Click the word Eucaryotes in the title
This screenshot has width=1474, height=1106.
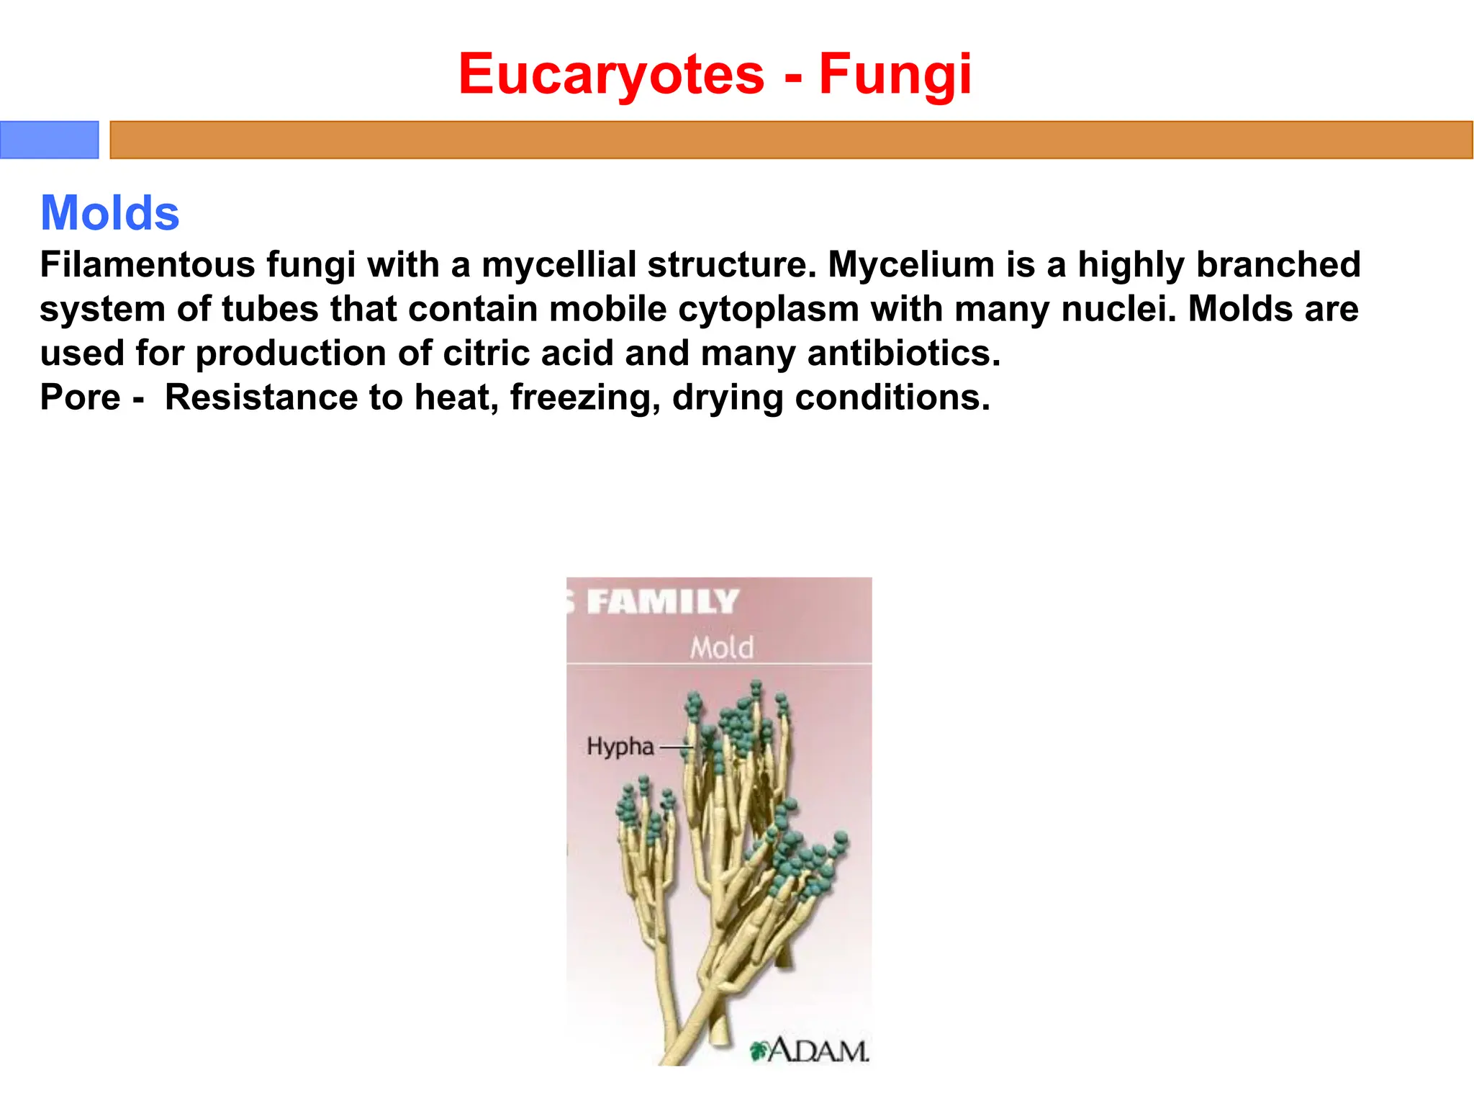611,74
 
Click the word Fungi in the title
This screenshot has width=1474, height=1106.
895,74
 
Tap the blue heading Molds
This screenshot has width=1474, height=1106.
109,213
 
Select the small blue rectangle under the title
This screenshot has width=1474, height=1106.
49,140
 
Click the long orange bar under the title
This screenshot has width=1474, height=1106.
790,140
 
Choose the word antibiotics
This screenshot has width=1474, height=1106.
903,353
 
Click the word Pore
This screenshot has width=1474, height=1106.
80,397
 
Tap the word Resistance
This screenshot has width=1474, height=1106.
261,397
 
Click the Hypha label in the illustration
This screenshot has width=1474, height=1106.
620,747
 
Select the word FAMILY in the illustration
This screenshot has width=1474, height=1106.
662,602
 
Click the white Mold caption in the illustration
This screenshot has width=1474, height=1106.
722,648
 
